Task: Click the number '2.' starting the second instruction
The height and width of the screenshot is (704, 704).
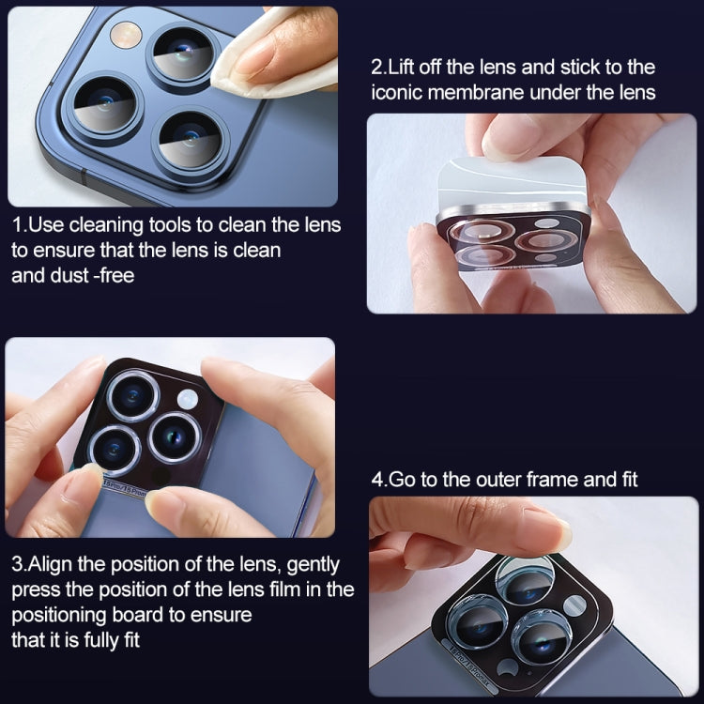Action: click(x=379, y=68)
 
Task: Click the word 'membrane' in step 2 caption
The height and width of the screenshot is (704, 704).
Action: click(x=497, y=92)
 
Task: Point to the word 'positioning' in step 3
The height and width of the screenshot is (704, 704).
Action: click(x=57, y=615)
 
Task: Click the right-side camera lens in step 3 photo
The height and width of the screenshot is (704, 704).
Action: click(x=175, y=436)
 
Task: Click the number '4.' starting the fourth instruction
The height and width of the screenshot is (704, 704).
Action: click(x=379, y=480)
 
